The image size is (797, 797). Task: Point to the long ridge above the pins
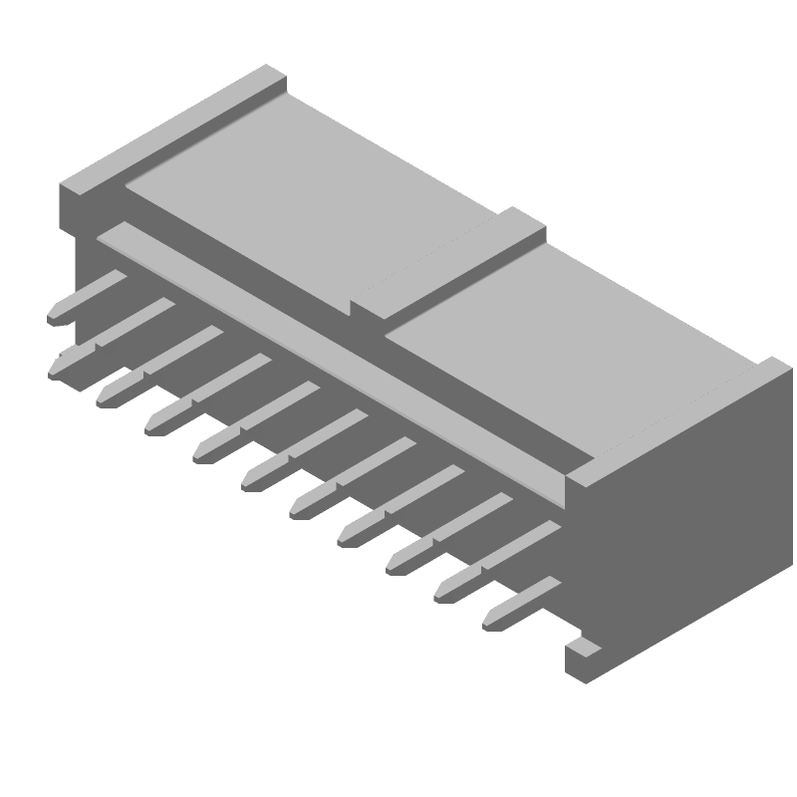(339, 349)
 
